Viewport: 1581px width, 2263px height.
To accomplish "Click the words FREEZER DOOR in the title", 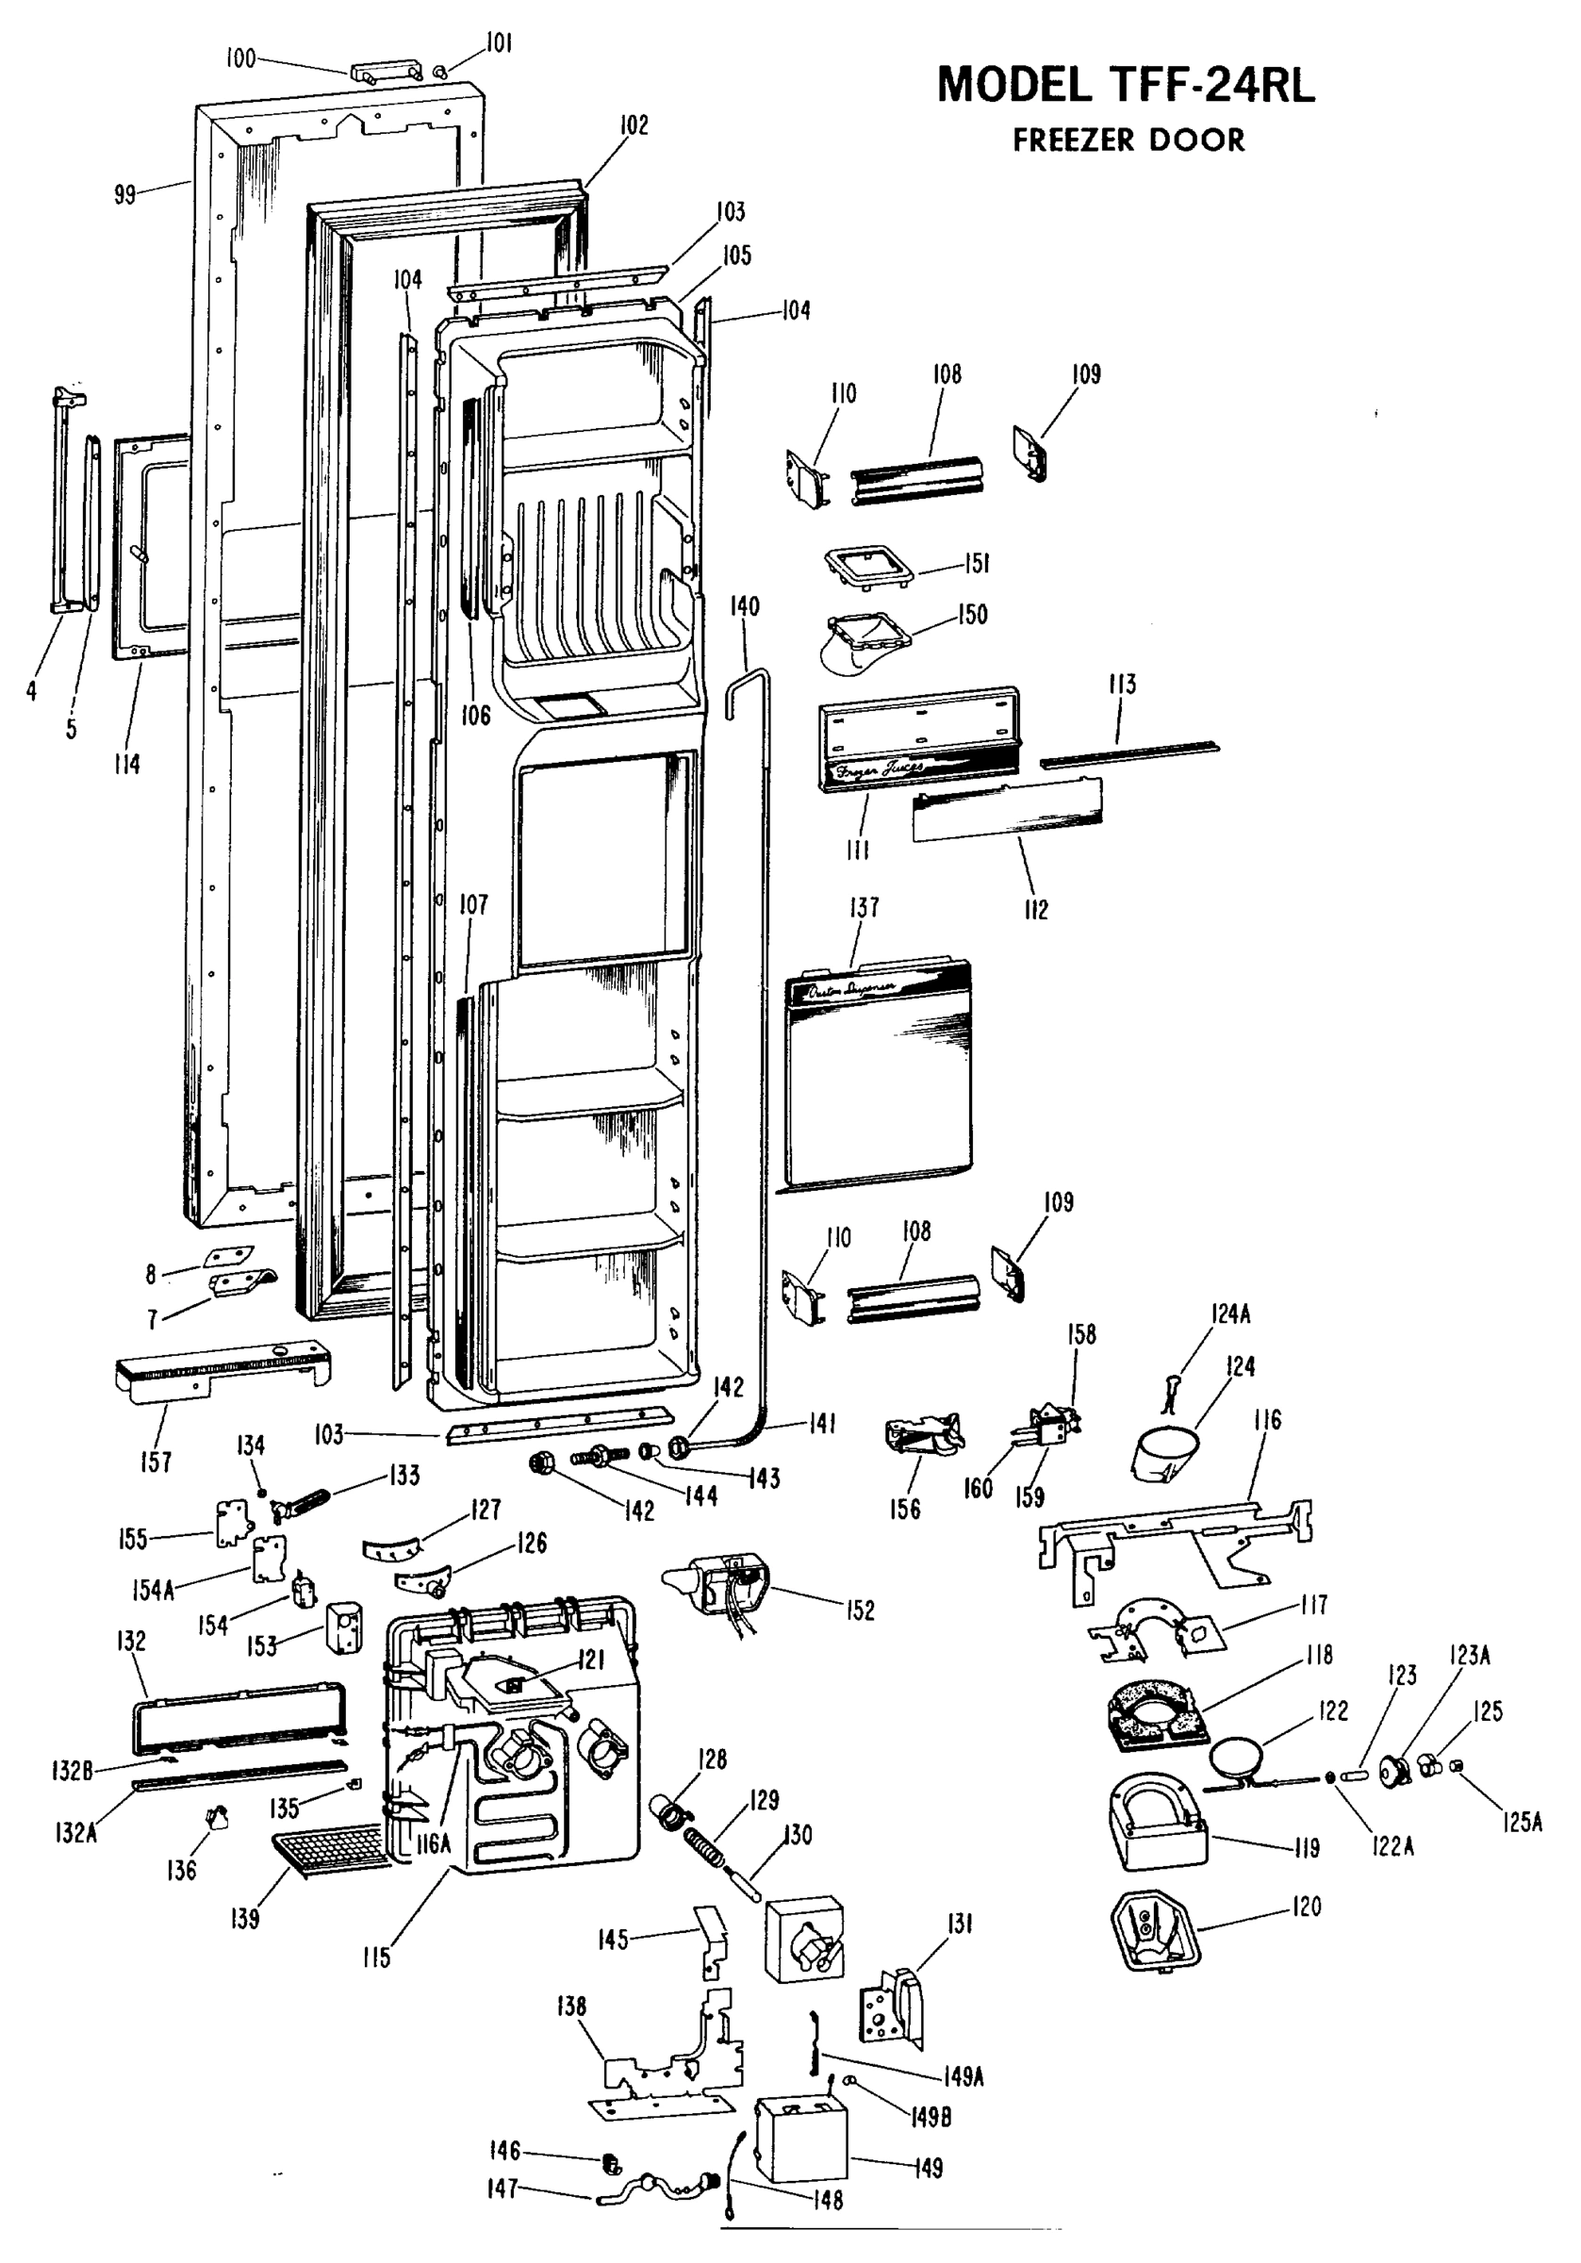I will coord(1128,140).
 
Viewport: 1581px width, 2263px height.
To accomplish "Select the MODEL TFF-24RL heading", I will coord(1125,86).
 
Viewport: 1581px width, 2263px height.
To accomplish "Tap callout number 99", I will coord(124,194).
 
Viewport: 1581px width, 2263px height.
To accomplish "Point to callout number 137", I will coord(865,907).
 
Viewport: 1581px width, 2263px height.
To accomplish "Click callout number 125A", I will coord(1523,1823).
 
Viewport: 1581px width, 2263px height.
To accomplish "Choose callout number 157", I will coord(156,1462).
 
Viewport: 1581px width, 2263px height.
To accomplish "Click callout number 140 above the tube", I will coord(744,605).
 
